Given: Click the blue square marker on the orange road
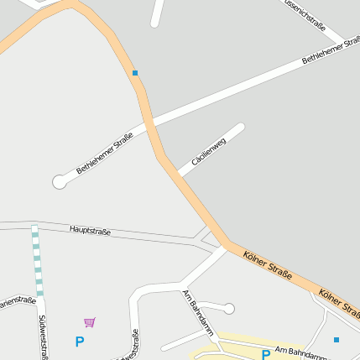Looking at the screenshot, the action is pos(135,73).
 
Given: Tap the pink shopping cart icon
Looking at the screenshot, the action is pos(90,321).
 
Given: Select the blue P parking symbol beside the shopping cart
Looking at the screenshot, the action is pos(80,342).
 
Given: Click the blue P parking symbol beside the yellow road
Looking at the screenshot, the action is pos(266,355).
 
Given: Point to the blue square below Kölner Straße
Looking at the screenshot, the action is pos(337,340).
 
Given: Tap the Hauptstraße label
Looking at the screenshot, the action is pos(90,230).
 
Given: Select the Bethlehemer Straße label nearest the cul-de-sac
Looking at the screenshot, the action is pos(105,154).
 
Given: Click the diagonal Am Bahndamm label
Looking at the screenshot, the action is pos(198,311).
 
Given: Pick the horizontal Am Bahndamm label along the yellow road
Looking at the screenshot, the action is pos(300,352).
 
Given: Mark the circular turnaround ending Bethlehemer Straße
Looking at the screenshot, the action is pos(59,180).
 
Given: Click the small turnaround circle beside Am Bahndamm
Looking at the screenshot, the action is pos(228,308).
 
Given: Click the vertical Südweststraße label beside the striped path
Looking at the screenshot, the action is pos(43,337).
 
